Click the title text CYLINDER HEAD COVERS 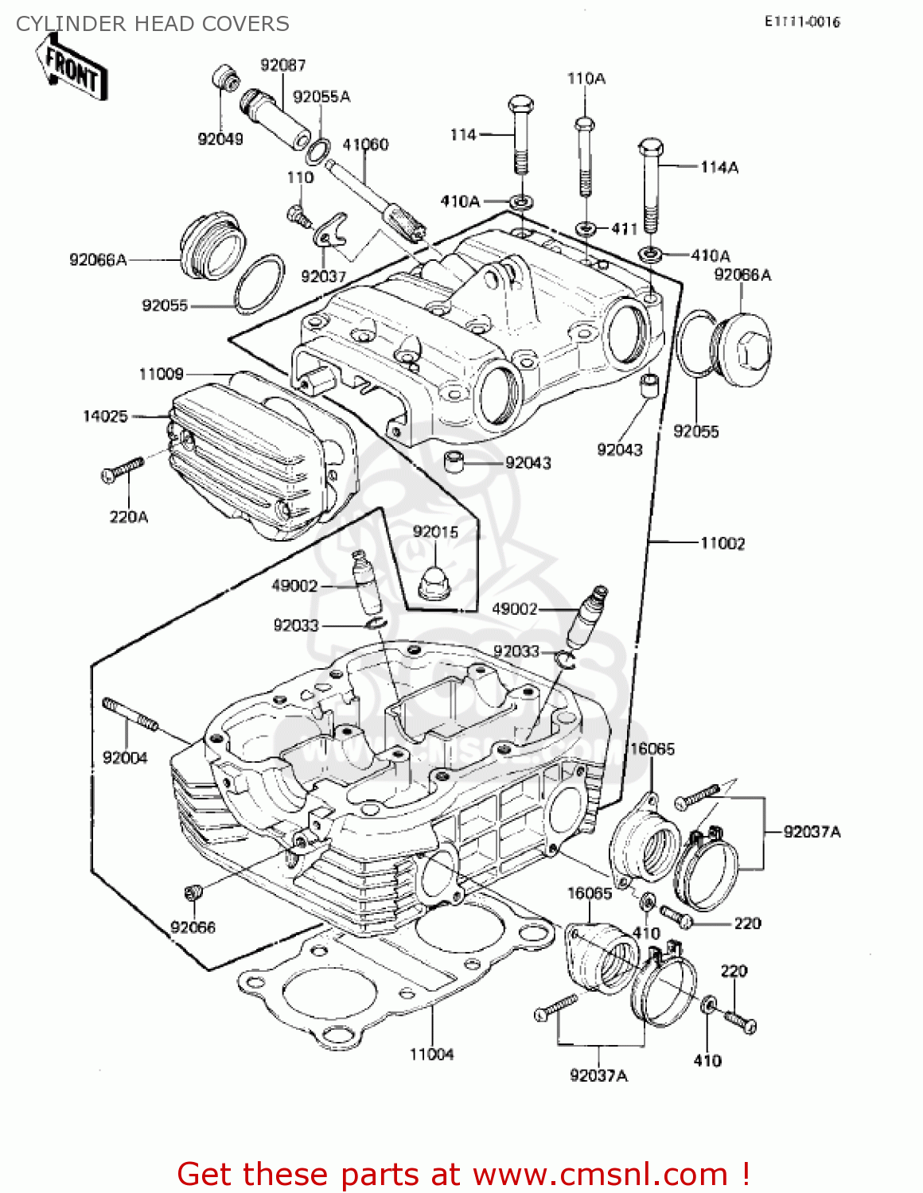153,24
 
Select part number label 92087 282,65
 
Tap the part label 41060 365,144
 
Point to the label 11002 722,543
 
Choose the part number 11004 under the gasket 431,1055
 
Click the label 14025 105,416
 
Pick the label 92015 435,532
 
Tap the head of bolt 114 520,105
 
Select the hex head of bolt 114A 651,148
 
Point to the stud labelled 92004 130,713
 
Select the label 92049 220,139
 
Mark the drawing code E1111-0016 802,22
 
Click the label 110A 586,78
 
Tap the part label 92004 125,758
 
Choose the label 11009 161,374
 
